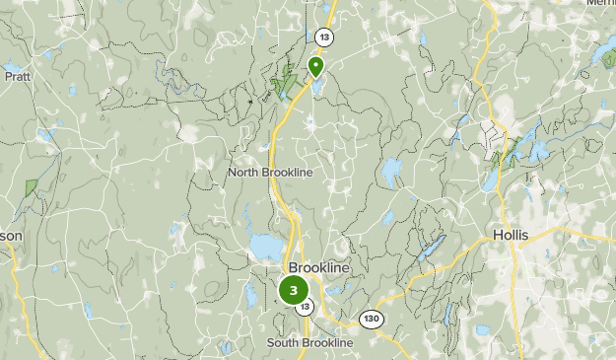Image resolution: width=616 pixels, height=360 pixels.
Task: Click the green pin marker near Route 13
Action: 316,66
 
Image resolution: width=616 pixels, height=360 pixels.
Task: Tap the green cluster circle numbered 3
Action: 294,290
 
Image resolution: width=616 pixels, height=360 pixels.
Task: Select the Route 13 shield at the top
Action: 324,36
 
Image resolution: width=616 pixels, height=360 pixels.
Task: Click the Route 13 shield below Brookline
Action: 307,308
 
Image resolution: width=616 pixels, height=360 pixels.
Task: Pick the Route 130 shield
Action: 371,319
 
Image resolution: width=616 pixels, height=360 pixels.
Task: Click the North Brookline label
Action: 270,173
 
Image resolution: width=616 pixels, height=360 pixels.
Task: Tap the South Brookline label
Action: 309,342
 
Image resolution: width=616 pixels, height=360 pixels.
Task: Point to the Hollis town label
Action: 511,236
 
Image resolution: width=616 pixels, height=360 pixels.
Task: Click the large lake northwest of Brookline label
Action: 264,245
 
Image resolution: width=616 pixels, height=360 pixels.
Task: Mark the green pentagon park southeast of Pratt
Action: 32,186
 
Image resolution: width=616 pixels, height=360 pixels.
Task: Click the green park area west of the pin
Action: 287,81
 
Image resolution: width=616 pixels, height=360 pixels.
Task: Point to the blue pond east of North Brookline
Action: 391,174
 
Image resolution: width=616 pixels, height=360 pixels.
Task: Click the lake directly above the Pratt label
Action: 15,71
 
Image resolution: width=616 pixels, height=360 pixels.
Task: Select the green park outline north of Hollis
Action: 509,153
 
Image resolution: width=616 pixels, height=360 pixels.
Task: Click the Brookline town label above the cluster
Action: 319,268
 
